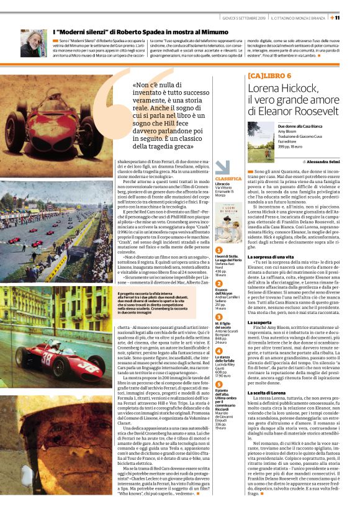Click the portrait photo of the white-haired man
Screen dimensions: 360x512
[31, 43]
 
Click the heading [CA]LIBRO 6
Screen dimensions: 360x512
[269, 76]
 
